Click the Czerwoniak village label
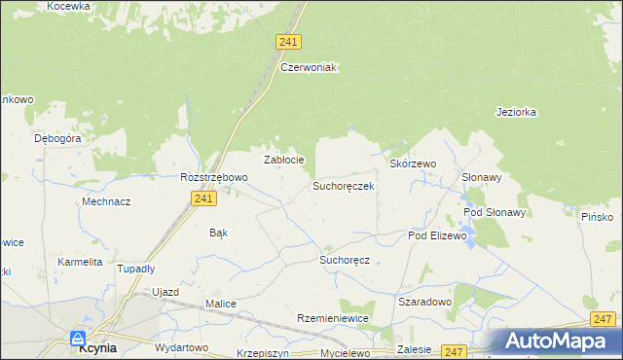point(308,68)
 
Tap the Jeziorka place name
point(516,112)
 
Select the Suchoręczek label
point(344,185)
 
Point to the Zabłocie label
point(285,160)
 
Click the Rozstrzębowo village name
point(214,178)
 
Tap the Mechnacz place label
point(107,202)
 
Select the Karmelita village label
point(80,263)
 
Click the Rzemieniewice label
point(332,319)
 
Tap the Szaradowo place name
point(425,303)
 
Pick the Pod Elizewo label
point(437,236)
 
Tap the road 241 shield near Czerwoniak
point(288,42)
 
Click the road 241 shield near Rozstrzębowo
point(202,198)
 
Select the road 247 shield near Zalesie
point(454,351)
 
